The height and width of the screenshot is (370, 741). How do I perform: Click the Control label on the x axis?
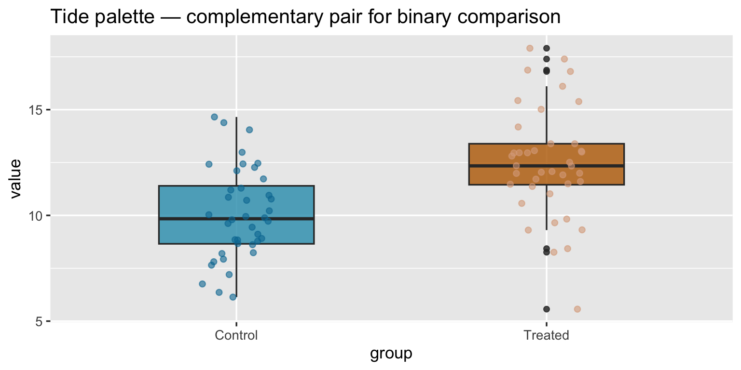[236, 335]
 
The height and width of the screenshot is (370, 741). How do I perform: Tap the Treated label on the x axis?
[546, 335]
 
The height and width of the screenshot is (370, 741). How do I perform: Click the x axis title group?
[391, 355]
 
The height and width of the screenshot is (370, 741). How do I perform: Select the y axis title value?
[15, 179]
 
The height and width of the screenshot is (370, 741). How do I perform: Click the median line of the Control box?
[236, 218]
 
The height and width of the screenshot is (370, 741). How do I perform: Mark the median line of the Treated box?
[546, 166]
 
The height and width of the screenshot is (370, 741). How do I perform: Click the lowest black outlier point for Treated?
[547, 309]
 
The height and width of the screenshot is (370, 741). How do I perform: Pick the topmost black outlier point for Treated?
[547, 48]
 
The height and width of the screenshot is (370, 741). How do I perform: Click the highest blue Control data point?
[215, 117]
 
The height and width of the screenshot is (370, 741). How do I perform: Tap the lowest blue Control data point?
[233, 297]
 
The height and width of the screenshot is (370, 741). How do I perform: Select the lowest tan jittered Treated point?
[577, 309]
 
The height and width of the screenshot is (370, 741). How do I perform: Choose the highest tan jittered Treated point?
[530, 48]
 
